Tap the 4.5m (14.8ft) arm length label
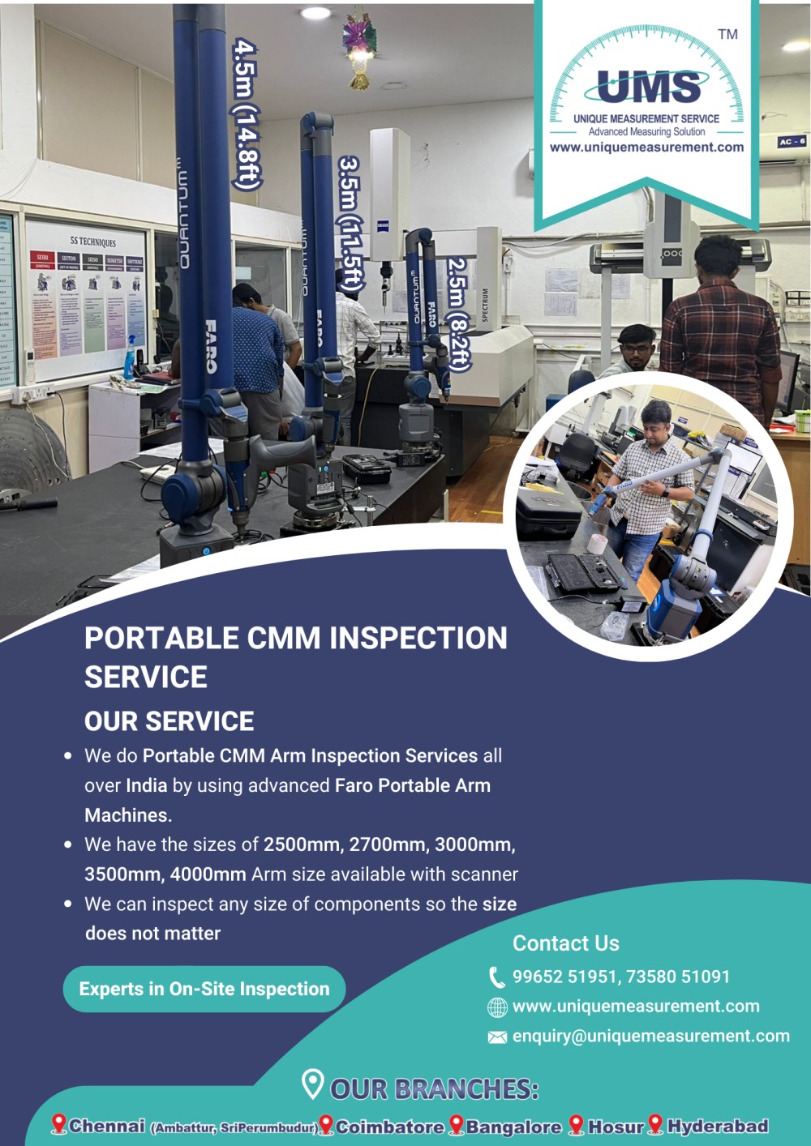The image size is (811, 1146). click(246, 113)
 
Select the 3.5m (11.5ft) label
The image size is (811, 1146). click(350, 223)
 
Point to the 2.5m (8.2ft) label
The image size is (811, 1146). click(458, 314)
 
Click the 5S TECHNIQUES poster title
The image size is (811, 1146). click(92, 242)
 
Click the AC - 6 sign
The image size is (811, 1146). click(791, 141)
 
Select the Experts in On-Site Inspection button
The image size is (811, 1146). click(204, 989)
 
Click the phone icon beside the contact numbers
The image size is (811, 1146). click(496, 977)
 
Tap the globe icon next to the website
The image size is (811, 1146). click(496, 1007)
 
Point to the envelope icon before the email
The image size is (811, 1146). click(496, 1037)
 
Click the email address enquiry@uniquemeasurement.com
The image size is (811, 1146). click(650, 1036)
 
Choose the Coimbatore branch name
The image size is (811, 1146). click(390, 1127)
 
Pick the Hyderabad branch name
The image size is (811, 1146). click(717, 1126)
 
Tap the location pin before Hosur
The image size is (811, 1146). click(576, 1125)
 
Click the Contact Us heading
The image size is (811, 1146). click(565, 943)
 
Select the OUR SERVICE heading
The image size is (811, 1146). click(169, 721)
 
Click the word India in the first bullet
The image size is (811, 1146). click(146, 785)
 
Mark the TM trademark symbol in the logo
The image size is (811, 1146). click(727, 34)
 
